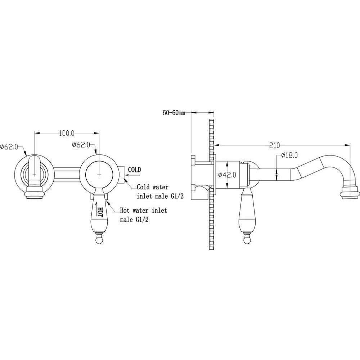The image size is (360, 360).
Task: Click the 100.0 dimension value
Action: tap(67, 134)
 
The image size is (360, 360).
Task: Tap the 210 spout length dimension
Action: tap(274, 145)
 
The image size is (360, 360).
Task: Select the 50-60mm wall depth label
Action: tap(174, 113)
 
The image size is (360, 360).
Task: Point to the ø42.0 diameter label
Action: tap(227, 175)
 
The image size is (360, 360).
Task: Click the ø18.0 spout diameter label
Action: tap(289, 155)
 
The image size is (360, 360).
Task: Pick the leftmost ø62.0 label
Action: tap(9, 147)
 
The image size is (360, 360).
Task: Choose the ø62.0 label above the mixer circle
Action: tap(81, 145)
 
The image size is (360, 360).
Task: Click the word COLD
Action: tap(134, 170)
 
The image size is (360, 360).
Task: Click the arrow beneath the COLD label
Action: tap(132, 175)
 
